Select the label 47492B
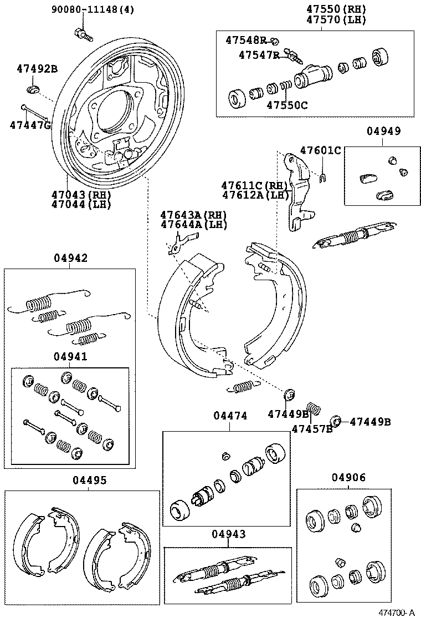tap(37, 69)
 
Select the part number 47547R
tap(259, 54)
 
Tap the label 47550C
tap(287, 104)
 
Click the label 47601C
tap(321, 150)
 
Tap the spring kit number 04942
tap(70, 258)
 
